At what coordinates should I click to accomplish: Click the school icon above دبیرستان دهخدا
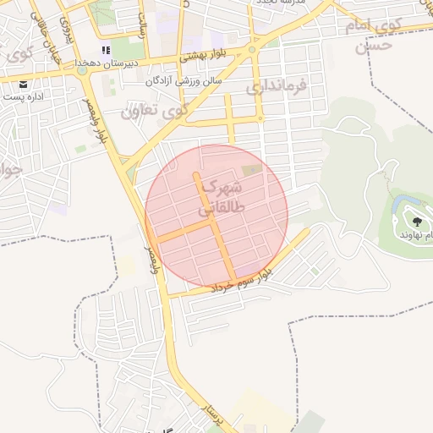click(105, 50)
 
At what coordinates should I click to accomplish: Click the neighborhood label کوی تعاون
click(153, 111)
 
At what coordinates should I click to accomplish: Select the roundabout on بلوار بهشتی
click(252, 50)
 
